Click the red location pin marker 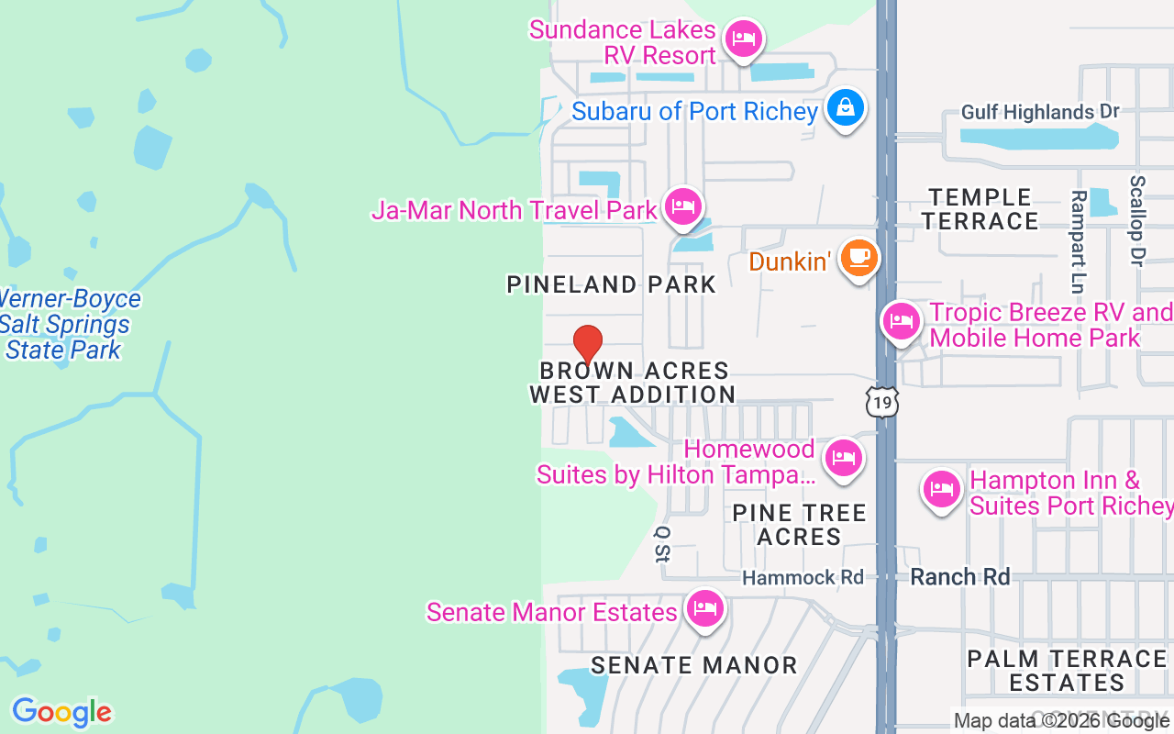[588, 344]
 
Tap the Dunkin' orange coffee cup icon [858, 258]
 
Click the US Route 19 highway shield [881, 402]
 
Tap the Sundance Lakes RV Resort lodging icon [744, 39]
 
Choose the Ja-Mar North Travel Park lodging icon [683, 206]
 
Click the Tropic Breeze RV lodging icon [901, 321]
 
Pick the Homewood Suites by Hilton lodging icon [843, 457]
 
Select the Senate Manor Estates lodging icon [704, 607]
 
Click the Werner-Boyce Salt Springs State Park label [66, 324]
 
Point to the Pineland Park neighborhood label [611, 284]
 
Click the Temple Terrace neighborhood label [980, 209]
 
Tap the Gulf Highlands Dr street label [1040, 112]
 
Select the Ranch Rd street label [959, 577]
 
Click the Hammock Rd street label [803, 577]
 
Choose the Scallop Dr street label [1137, 221]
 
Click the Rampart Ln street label [1079, 228]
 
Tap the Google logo [61, 712]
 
